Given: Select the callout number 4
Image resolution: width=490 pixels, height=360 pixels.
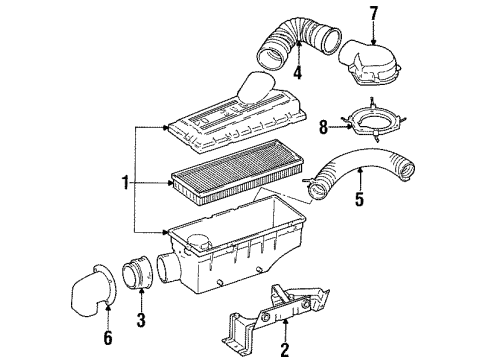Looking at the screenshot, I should pos(297,72).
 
